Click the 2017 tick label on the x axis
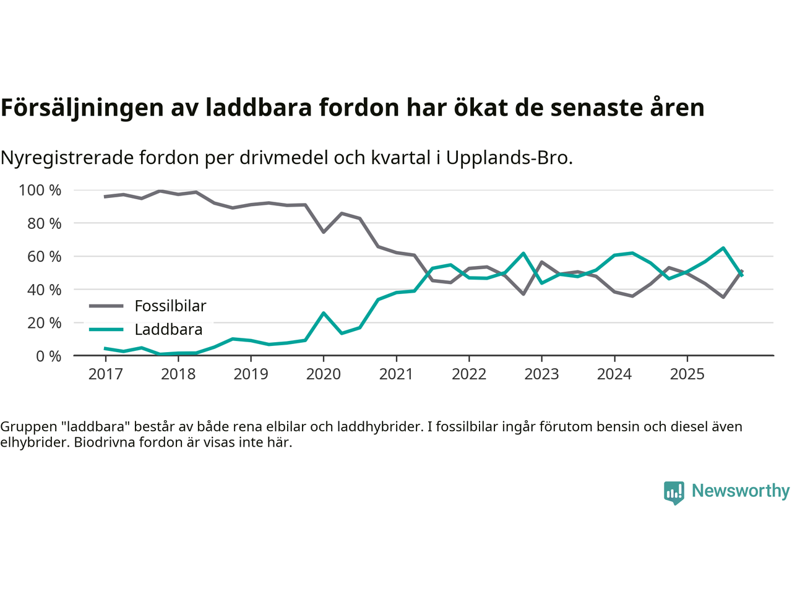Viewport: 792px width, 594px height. (105, 374)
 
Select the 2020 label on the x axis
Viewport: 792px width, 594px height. (324, 374)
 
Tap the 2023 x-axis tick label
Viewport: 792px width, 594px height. (541, 374)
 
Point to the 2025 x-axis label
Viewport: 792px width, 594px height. (687, 374)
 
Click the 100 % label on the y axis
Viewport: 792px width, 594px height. (40, 190)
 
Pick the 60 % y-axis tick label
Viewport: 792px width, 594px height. (44, 256)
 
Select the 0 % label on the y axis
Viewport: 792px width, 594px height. (48, 356)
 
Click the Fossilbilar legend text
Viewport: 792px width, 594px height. (170, 306)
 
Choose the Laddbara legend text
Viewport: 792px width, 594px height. (168, 329)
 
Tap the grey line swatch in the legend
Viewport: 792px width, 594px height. (106, 306)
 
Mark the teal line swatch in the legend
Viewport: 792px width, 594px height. (106, 329)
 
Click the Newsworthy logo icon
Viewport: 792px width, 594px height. (674, 493)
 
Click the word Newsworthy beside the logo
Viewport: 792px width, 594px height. (741, 491)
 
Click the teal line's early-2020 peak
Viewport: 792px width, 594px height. (324, 313)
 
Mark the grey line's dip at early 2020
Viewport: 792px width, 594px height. (324, 232)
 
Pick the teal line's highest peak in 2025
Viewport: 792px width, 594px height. (723, 248)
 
